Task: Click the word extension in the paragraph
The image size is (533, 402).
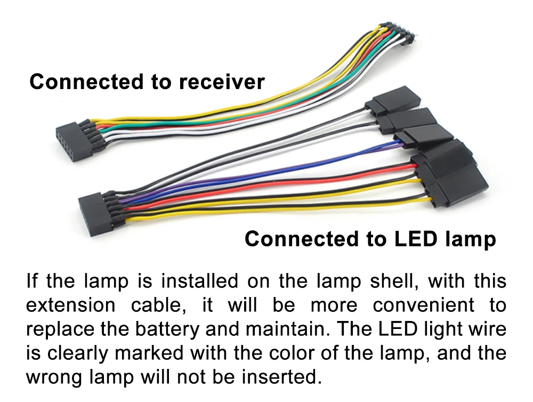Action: click(x=70, y=305)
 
